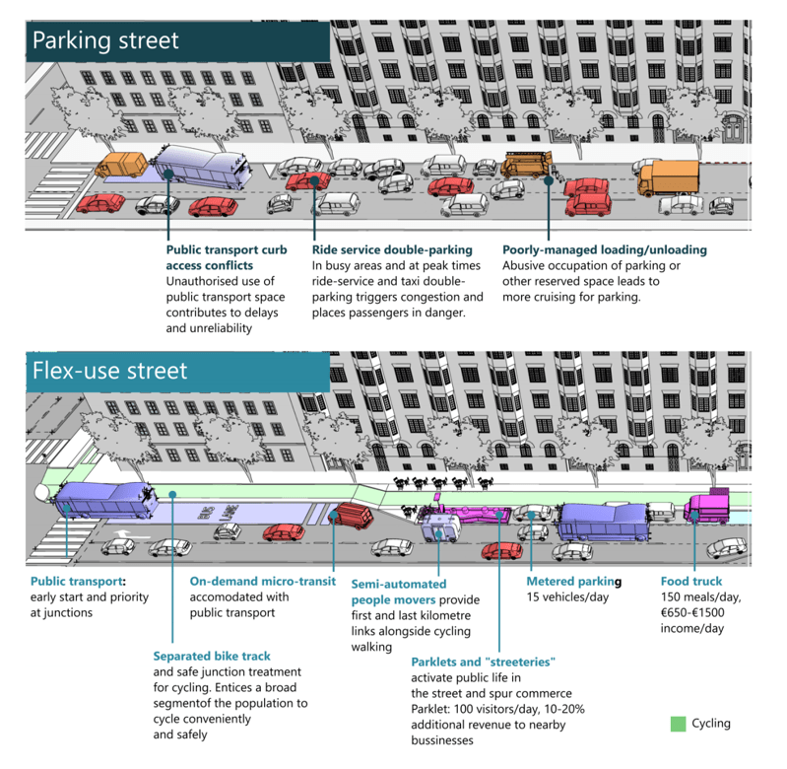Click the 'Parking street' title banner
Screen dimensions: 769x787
pyautogui.click(x=105, y=40)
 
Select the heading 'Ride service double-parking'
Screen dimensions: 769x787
pyautogui.click(x=392, y=250)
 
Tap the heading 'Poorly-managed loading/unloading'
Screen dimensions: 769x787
pyautogui.click(x=604, y=250)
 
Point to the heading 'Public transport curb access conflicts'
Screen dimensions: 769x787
pyautogui.click(x=227, y=257)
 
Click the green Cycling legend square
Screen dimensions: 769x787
pyautogui.click(x=678, y=724)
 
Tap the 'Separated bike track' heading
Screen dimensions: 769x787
pyautogui.click(x=212, y=656)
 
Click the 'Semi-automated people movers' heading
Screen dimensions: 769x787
pyautogui.click(x=399, y=592)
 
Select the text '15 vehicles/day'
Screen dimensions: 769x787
pyautogui.click(x=568, y=597)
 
